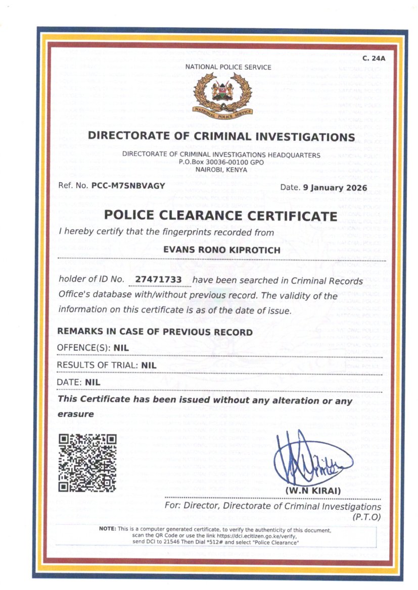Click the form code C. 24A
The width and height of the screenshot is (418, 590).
point(374,58)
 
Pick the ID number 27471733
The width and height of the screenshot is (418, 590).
point(163,280)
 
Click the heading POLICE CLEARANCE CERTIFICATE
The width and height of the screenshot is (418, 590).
point(220,216)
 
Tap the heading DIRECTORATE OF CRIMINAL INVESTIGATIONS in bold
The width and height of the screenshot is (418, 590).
point(221,137)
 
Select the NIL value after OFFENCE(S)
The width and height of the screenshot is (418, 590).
point(121,347)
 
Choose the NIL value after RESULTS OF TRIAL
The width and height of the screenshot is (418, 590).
point(149,364)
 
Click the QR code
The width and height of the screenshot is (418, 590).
point(88,463)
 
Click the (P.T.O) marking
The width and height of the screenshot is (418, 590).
point(366,517)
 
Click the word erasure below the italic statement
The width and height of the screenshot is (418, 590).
point(76,414)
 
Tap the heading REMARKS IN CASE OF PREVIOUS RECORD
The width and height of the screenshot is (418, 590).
point(155,332)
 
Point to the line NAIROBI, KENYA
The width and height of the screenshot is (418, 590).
point(221,170)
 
